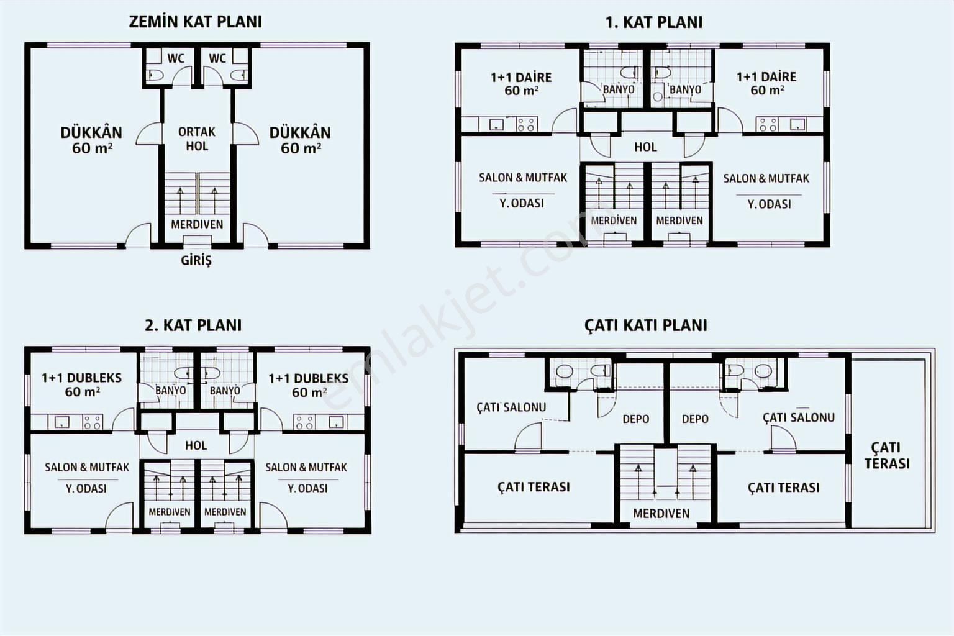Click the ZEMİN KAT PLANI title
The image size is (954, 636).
pyautogui.click(x=196, y=22)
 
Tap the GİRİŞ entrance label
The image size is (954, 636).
pyautogui.click(x=196, y=260)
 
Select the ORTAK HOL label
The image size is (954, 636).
pyautogui.click(x=197, y=139)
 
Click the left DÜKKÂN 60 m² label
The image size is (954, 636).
pyautogui.click(x=91, y=140)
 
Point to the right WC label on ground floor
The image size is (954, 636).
pyautogui.click(x=217, y=58)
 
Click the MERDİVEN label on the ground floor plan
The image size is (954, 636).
pyautogui.click(x=197, y=224)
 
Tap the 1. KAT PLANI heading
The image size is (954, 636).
pyautogui.click(x=654, y=22)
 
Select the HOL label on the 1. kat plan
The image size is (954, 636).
pyautogui.click(x=646, y=147)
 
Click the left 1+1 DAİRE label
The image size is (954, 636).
pyautogui.click(x=521, y=84)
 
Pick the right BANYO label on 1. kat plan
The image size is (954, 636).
pyautogui.click(x=685, y=89)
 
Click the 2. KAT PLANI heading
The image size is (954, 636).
pyautogui.click(x=193, y=325)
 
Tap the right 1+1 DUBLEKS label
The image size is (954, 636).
pyautogui.click(x=309, y=385)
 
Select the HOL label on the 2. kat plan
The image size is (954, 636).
pyautogui.click(x=196, y=445)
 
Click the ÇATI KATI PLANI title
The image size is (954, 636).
pyautogui.click(x=646, y=325)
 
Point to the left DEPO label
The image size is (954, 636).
pyautogui.click(x=636, y=419)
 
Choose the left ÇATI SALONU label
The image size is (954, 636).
pyautogui.click(x=511, y=407)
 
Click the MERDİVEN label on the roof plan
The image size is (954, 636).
pyautogui.click(x=661, y=513)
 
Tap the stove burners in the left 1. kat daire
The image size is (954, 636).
pyautogui.click(x=527, y=124)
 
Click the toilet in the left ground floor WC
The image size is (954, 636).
pyautogui.click(x=155, y=75)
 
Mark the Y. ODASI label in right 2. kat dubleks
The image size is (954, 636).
pyautogui.click(x=307, y=488)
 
